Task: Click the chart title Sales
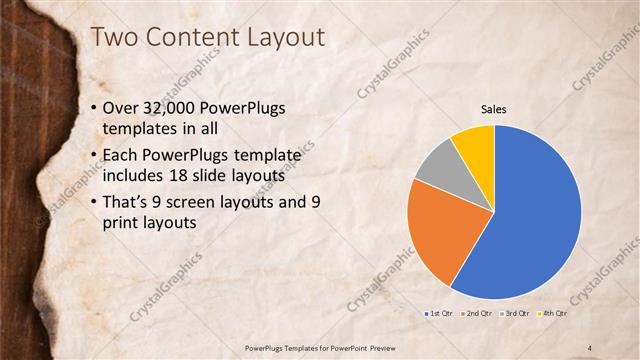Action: (494, 108)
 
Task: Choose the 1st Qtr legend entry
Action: (439, 314)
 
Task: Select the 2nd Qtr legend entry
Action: (476, 314)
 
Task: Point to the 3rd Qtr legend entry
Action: (513, 314)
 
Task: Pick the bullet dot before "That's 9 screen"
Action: (94, 204)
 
